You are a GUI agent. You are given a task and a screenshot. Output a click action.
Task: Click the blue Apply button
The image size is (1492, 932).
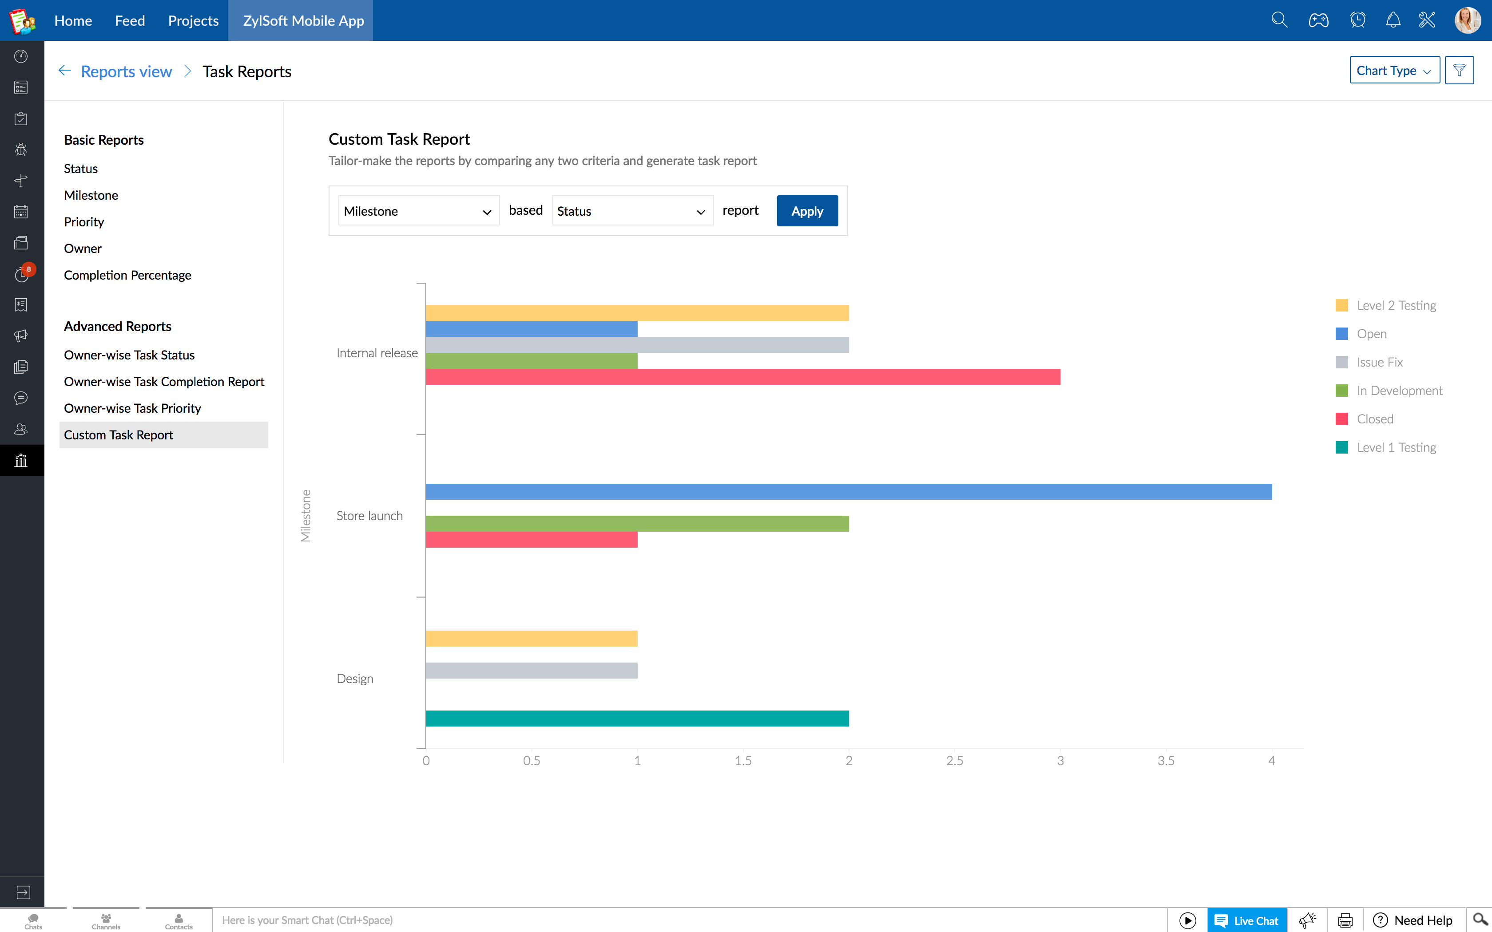coord(806,211)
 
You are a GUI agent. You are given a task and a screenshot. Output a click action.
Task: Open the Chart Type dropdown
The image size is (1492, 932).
coord(1394,70)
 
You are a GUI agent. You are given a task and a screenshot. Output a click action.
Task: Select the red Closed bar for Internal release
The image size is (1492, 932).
coord(742,377)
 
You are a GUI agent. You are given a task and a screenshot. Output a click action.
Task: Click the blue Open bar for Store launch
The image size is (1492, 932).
coord(848,491)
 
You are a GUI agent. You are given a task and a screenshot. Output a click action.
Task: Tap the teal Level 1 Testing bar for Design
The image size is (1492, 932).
coord(637,718)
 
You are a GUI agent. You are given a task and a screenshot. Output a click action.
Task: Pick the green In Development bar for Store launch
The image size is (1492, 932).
coord(637,523)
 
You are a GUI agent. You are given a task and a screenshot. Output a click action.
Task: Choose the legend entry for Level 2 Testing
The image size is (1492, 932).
coord(1395,305)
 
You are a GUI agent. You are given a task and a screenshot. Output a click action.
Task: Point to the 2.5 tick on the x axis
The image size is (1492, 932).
coord(954,761)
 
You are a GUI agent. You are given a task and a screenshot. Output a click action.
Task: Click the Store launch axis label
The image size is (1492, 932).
coord(369,516)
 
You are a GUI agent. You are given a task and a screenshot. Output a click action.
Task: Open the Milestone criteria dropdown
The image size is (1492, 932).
coord(418,211)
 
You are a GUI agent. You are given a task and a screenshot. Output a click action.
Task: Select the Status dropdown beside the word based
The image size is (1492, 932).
coord(632,211)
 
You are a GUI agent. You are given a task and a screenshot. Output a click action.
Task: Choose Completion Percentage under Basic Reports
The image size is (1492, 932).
coord(127,275)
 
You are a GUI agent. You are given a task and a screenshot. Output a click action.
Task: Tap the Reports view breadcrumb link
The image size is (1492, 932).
coord(126,71)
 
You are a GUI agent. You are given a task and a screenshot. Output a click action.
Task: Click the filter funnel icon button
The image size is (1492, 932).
coord(1459,70)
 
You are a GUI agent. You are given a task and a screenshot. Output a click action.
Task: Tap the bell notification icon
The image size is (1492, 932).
coord(1393,20)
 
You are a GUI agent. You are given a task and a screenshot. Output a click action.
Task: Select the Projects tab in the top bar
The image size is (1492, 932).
coord(193,20)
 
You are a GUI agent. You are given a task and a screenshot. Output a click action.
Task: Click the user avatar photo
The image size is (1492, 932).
coord(1467,20)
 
